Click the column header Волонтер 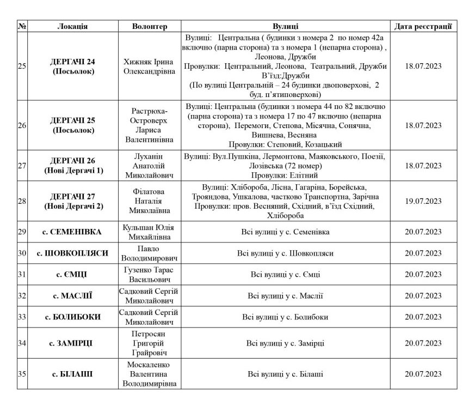tap(150, 26)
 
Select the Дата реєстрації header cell tap(423, 26)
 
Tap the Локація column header tap(72, 26)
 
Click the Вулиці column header tap(285, 26)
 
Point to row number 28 tap(22, 201)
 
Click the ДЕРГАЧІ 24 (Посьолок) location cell tap(72, 66)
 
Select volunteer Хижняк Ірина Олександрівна tap(150, 66)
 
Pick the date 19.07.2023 tap(423, 201)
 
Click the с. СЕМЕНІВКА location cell tap(72, 232)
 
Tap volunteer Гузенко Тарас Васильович tap(150, 274)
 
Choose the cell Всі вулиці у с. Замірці tap(285, 343)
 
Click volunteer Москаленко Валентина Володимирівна tap(150, 374)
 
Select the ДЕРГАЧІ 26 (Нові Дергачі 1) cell tap(72, 165)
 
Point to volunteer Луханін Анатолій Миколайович tap(150, 165)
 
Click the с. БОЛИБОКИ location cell tap(72, 317)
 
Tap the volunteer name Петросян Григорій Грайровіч tap(150, 343)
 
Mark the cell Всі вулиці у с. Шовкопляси tap(285, 253)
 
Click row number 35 tap(22, 374)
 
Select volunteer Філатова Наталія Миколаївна tap(150, 201)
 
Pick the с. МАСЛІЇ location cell tap(72, 296)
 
